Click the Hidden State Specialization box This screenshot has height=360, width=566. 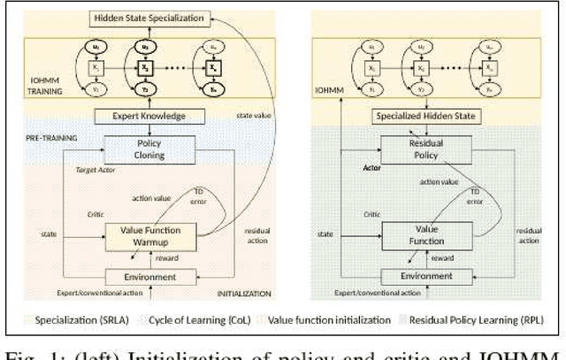coord(146,18)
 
